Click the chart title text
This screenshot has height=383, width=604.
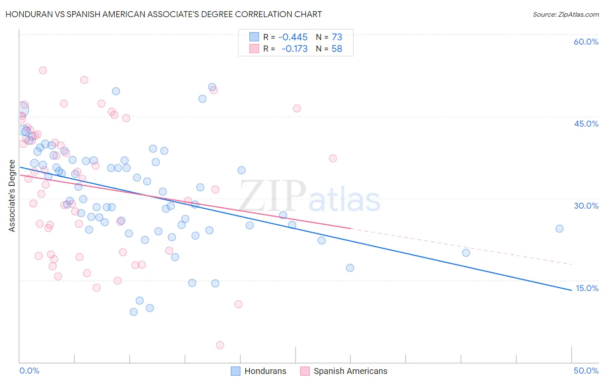pyautogui.click(x=164, y=14)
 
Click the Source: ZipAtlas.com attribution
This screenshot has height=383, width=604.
pyautogui.click(x=565, y=15)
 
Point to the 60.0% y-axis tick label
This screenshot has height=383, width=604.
pyautogui.click(x=586, y=42)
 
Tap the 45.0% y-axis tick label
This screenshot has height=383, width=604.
pyautogui.click(x=586, y=124)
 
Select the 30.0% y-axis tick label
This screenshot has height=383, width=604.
pyautogui.click(x=586, y=206)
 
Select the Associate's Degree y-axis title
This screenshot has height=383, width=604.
pyautogui.click(x=12, y=196)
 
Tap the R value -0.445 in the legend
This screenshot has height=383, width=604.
pyautogui.click(x=293, y=37)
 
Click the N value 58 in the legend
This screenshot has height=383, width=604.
pyautogui.click(x=337, y=49)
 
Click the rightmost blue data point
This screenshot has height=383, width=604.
pyautogui.click(x=559, y=228)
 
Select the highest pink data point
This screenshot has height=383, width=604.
pyautogui.click(x=43, y=70)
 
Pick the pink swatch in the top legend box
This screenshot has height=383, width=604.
pyautogui.click(x=254, y=49)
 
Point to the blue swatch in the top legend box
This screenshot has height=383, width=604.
pyautogui.click(x=254, y=37)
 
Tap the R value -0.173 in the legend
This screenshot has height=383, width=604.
pyautogui.click(x=294, y=49)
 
